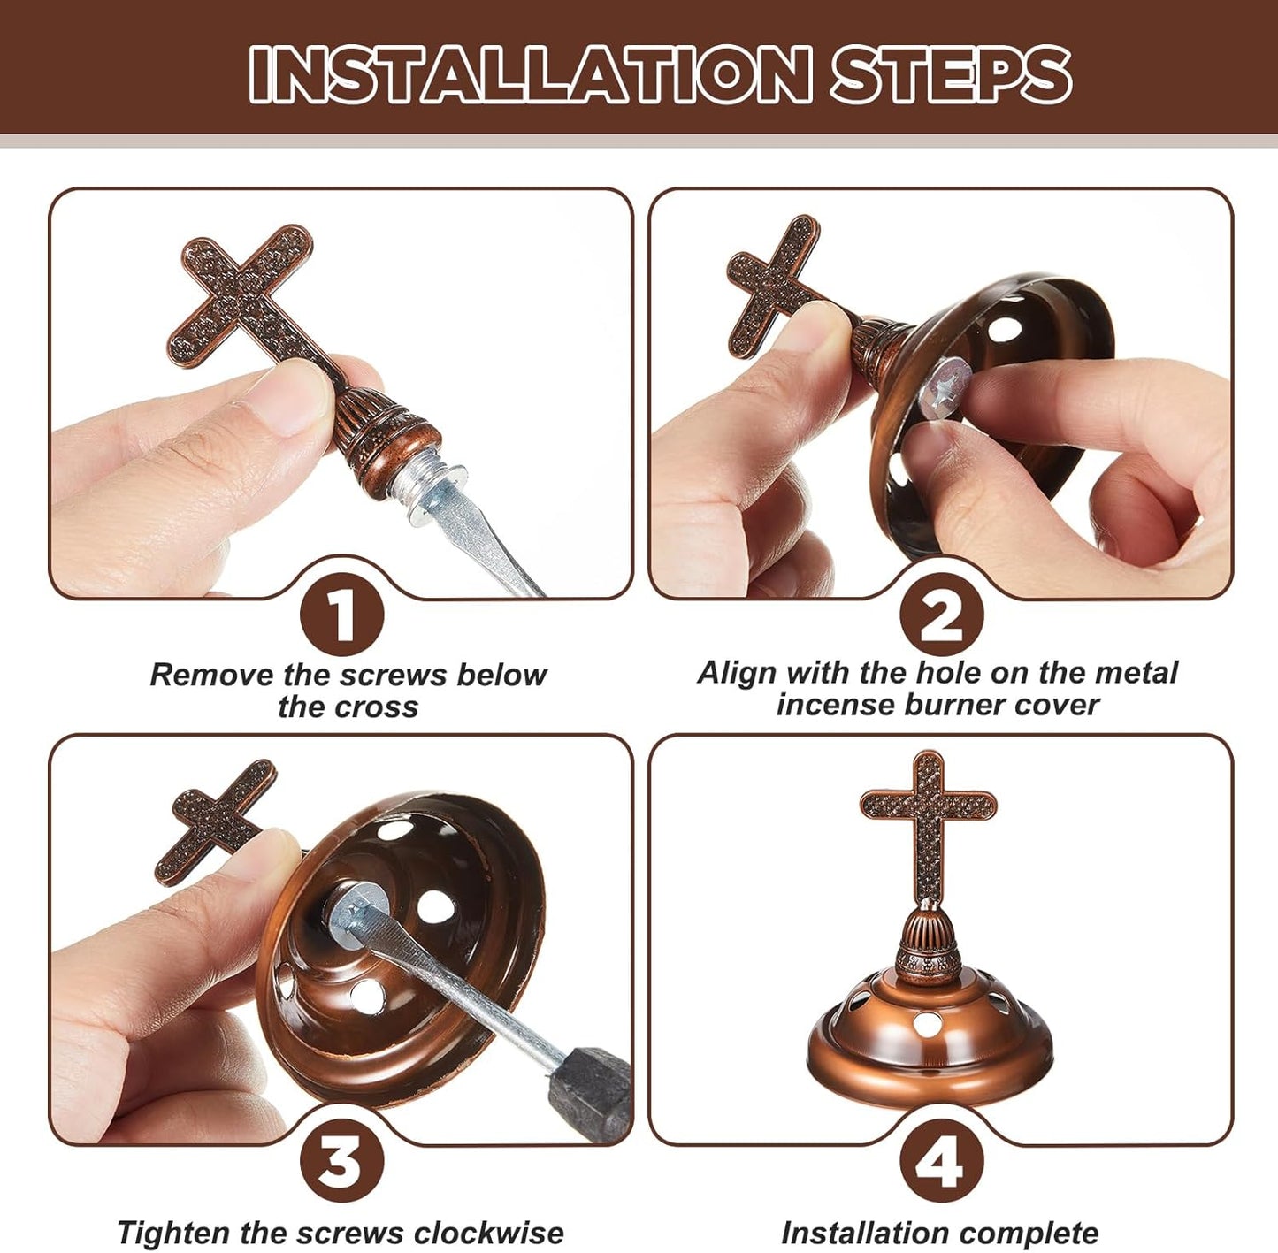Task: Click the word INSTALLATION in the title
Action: pos(529,74)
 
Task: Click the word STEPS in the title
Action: pos(951,74)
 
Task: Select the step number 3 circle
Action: pos(341,1159)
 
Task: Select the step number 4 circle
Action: pos(941,1159)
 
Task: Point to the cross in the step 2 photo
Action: pos(772,283)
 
